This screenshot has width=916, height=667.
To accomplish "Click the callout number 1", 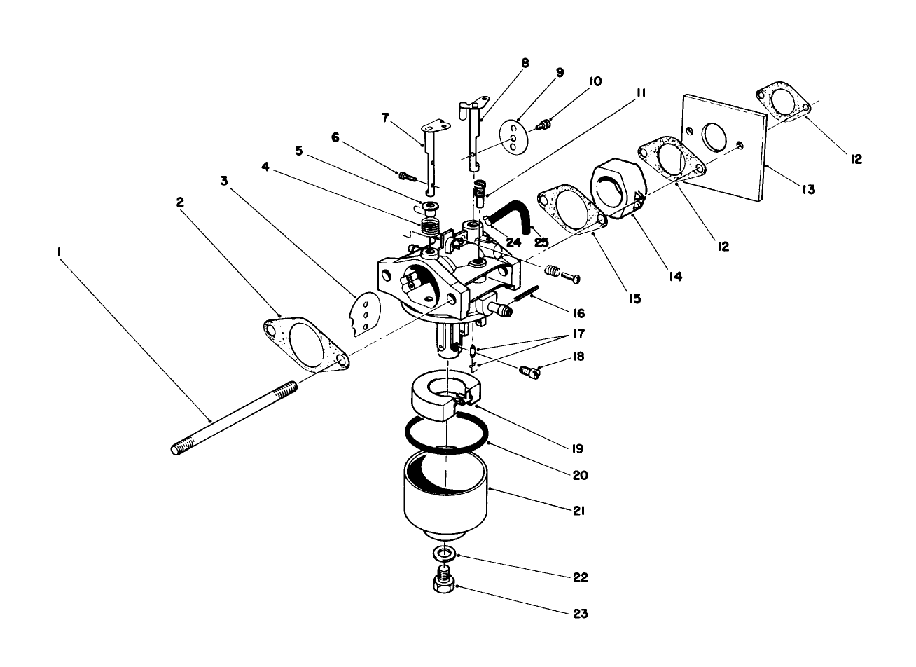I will click(61, 250).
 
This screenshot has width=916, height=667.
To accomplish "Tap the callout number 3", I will click(224, 181).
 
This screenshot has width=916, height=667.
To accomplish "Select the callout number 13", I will click(809, 189).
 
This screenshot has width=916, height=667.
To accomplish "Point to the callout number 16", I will click(578, 313).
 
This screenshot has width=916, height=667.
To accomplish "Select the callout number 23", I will click(579, 614).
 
